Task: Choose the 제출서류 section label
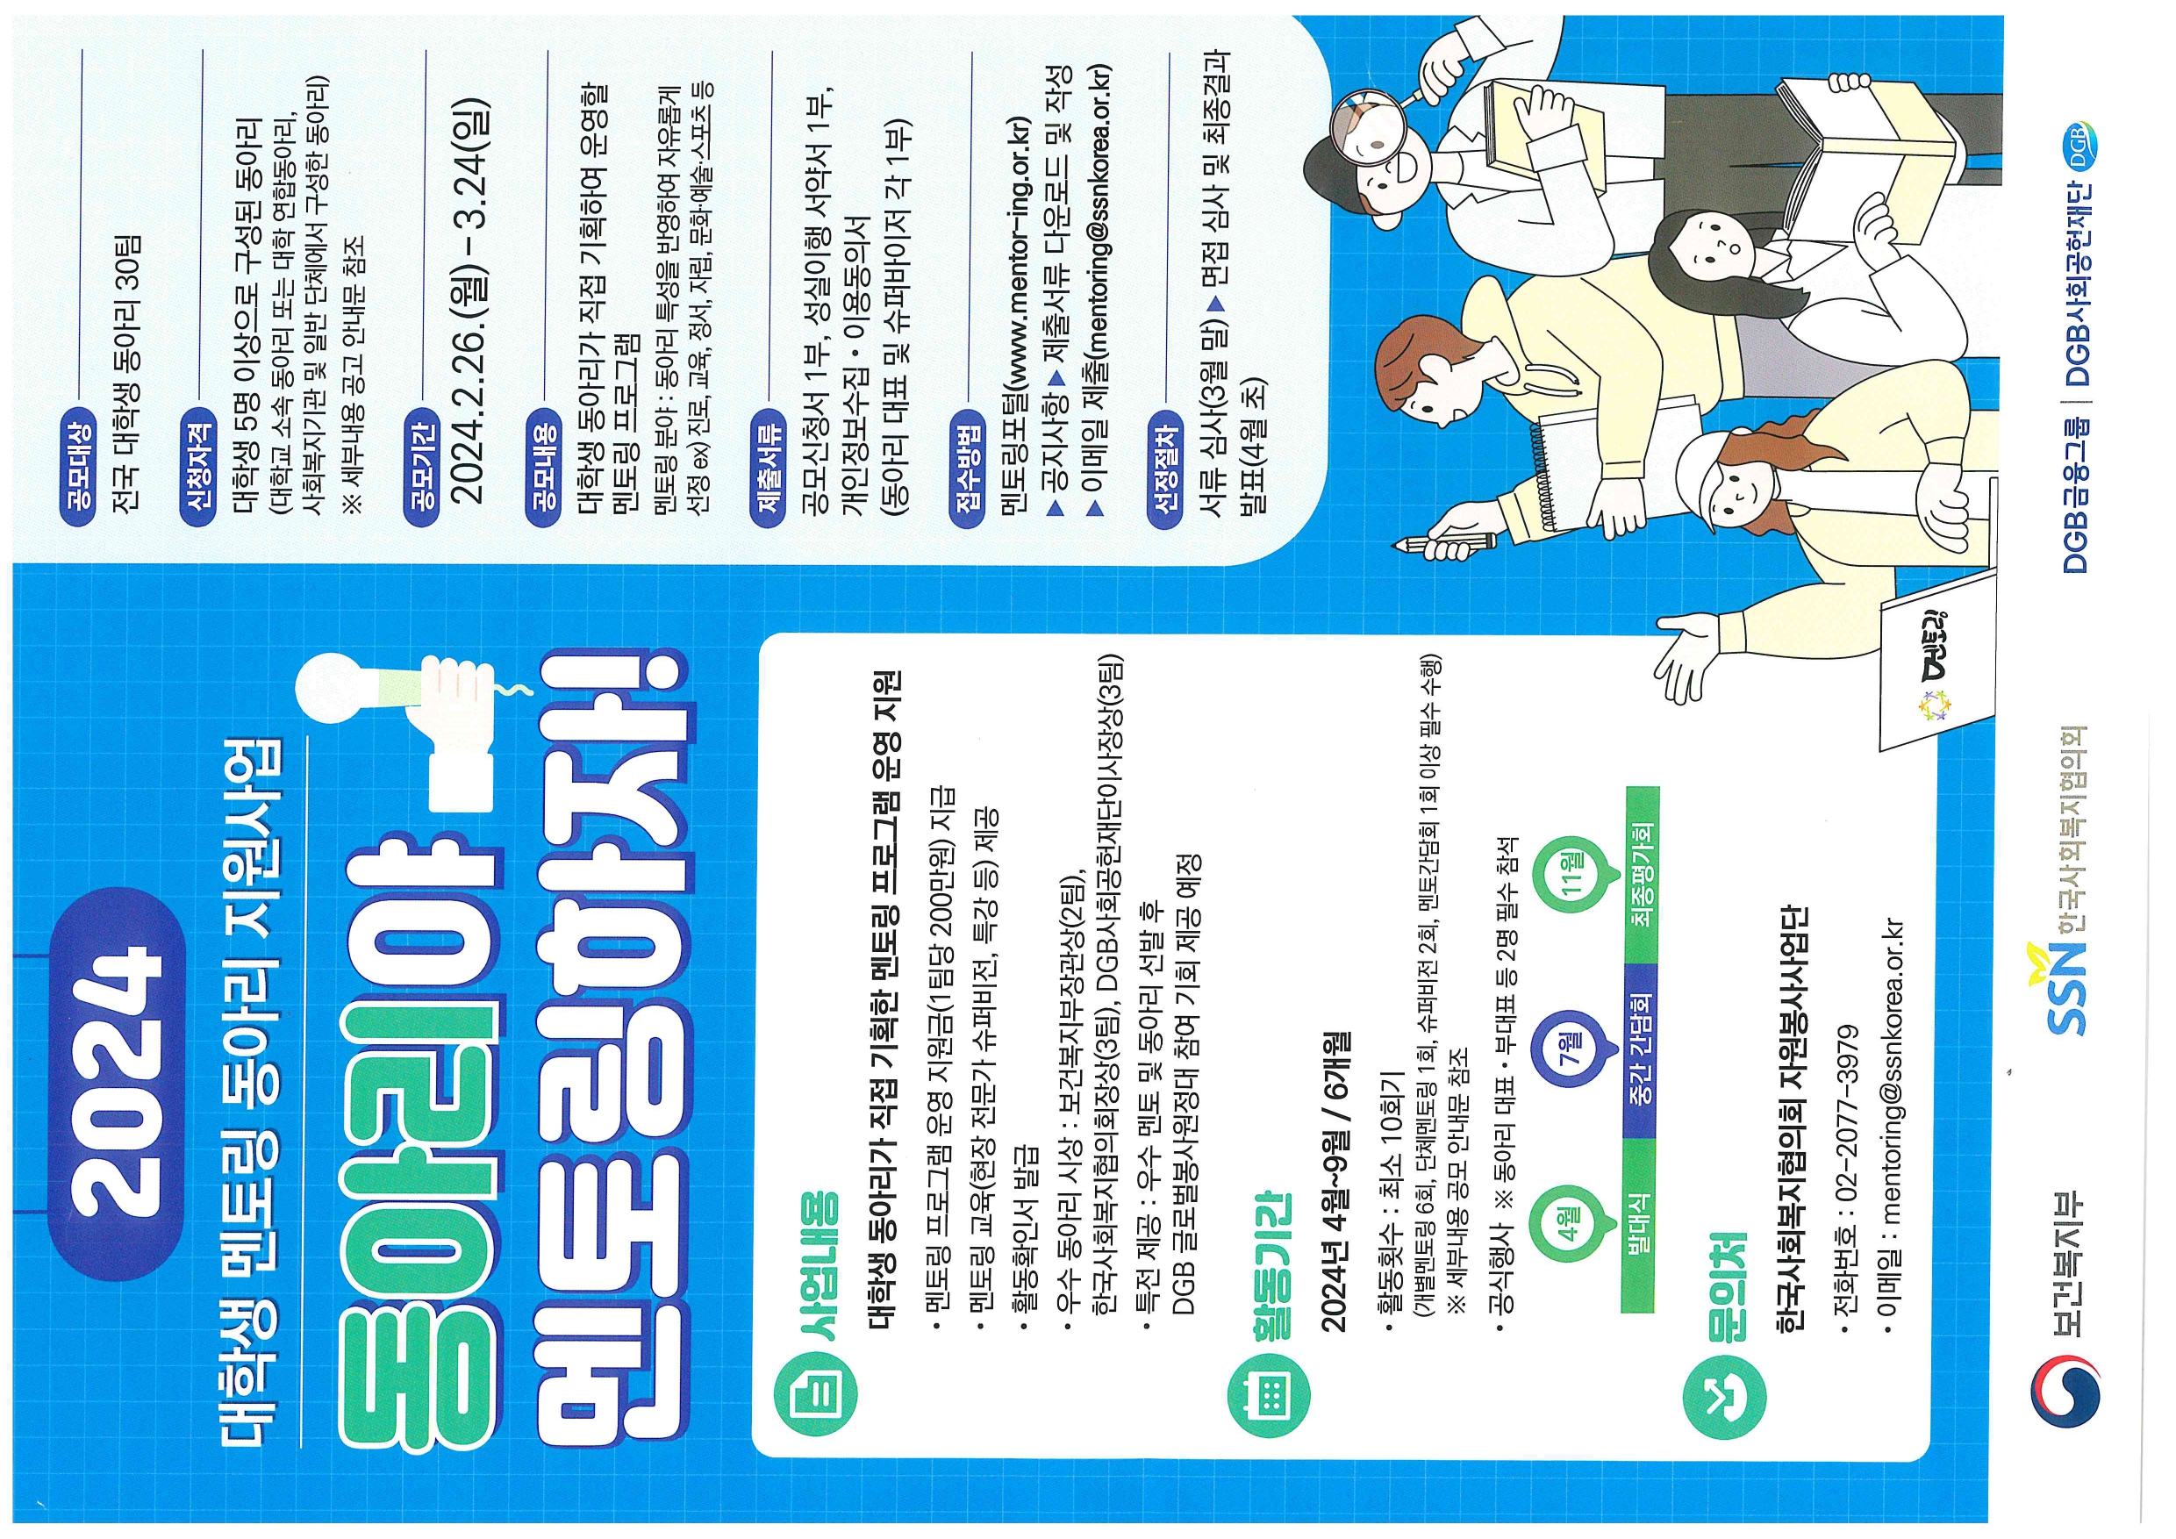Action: pos(769,465)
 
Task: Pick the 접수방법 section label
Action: pos(968,465)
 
